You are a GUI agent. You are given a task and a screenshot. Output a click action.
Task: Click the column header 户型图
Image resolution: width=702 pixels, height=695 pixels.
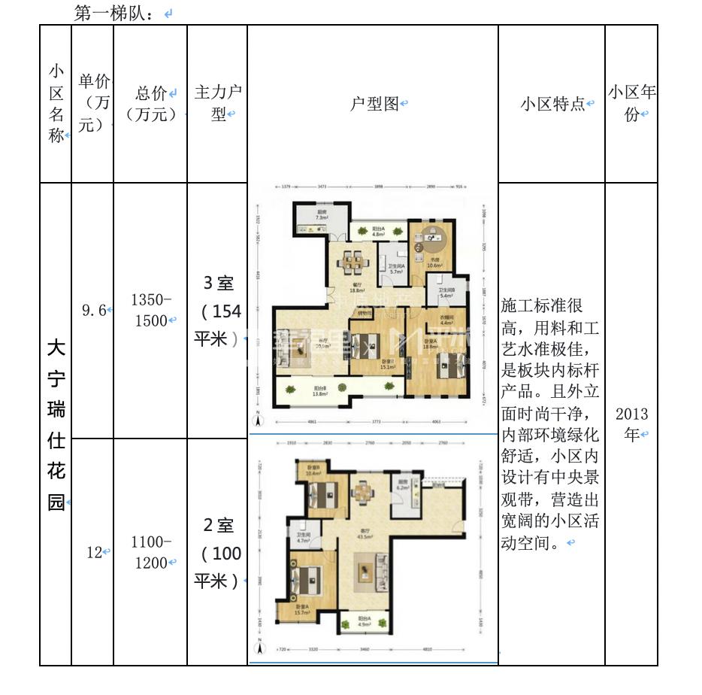(x=374, y=105)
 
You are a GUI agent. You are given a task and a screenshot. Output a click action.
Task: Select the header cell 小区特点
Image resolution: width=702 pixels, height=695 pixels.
(x=552, y=105)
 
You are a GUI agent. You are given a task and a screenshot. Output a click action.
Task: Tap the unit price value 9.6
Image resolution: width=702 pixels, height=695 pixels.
(x=94, y=310)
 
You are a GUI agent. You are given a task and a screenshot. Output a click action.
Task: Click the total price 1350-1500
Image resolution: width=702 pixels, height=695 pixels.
(x=151, y=310)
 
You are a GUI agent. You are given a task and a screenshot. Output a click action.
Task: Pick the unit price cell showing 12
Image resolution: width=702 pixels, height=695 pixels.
(x=94, y=552)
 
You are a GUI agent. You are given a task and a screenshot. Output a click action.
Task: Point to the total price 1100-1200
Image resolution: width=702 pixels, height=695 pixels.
(x=151, y=552)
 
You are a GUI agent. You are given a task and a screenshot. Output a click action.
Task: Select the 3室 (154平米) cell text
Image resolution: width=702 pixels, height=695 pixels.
(x=218, y=311)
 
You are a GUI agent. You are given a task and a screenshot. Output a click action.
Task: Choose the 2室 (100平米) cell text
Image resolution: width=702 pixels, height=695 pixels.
(x=218, y=554)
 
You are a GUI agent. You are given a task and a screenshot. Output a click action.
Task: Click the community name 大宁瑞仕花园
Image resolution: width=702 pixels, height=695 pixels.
(x=56, y=424)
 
